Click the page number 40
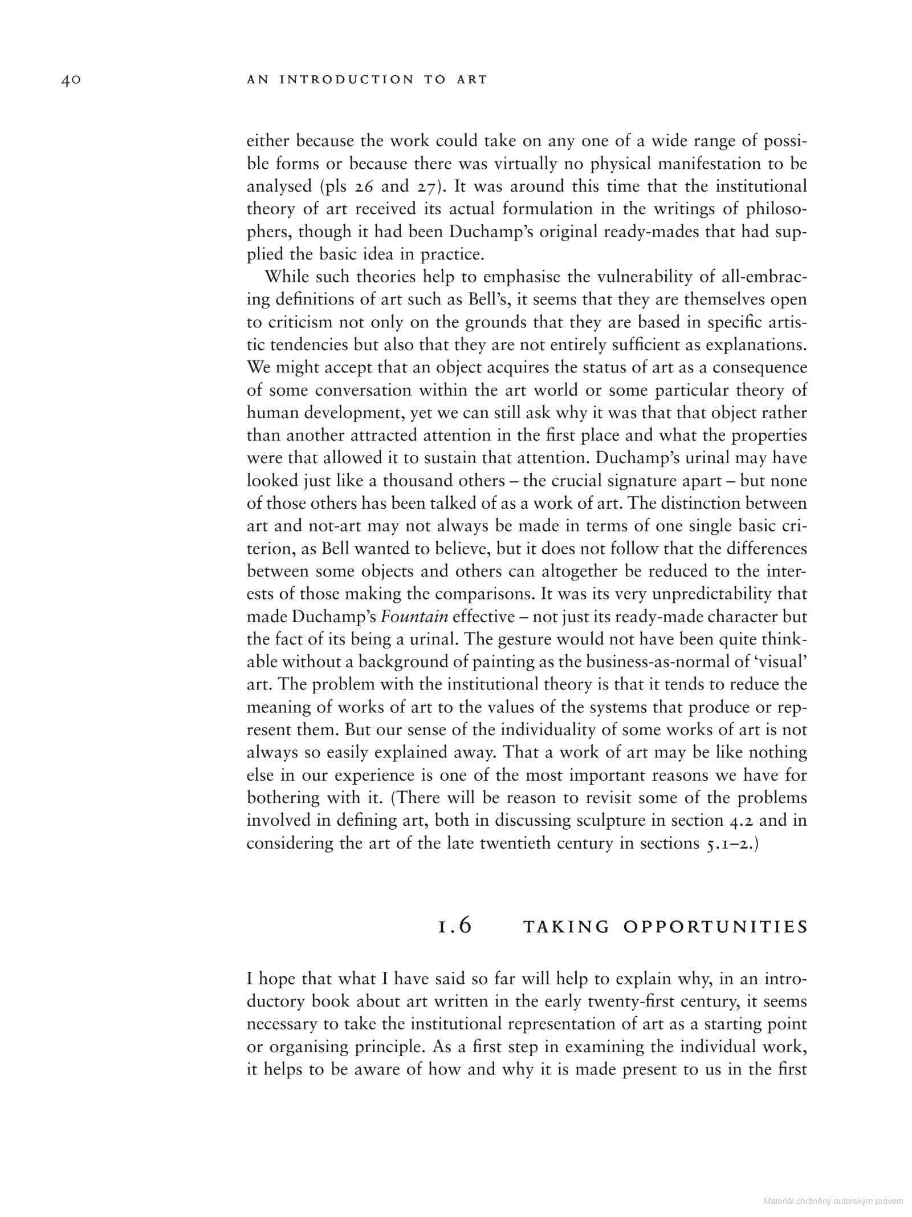tap(71, 80)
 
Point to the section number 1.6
tap(455, 926)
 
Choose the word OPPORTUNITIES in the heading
tap(716, 927)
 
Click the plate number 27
tap(425, 186)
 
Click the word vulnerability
tap(653, 277)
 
